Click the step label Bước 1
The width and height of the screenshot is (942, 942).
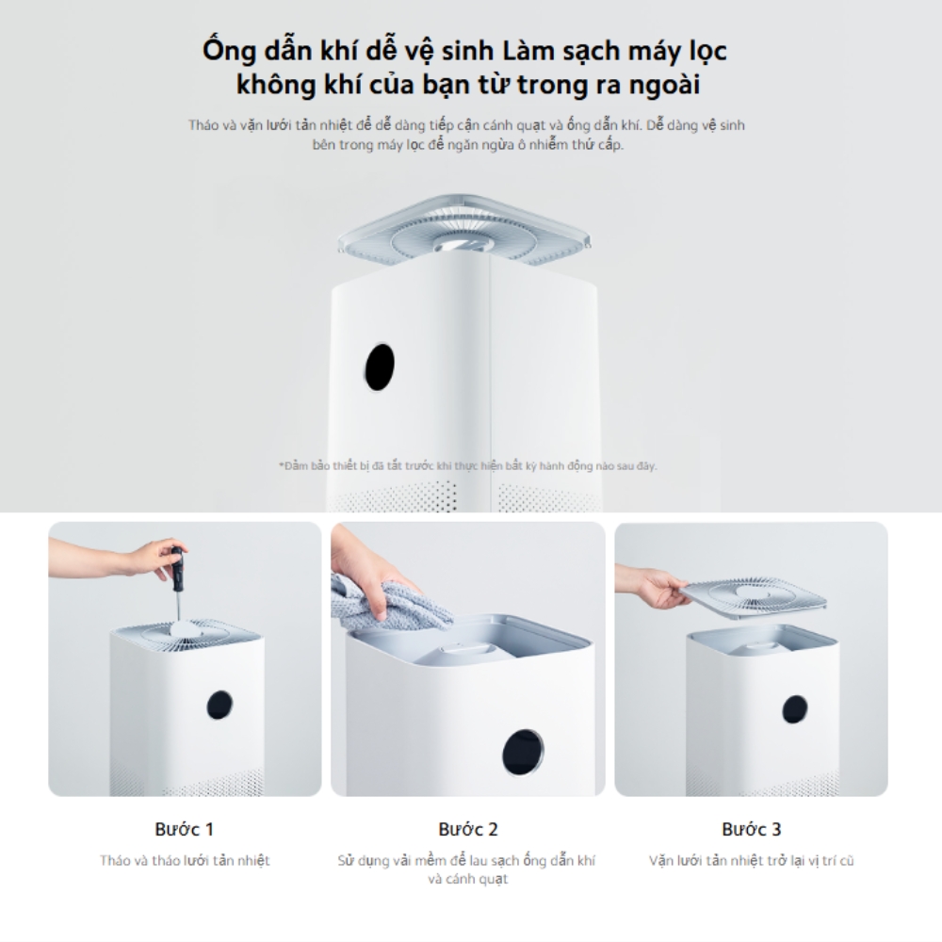184,829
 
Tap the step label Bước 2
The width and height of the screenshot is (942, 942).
468,829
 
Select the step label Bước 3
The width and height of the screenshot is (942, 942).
751,829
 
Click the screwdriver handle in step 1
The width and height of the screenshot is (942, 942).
178,568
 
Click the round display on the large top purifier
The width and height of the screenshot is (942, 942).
379,366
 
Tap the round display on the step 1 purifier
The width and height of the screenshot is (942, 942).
219,705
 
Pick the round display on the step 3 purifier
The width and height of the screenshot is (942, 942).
794,710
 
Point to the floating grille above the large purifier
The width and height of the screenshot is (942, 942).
464,232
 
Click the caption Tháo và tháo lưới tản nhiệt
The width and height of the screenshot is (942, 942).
185,860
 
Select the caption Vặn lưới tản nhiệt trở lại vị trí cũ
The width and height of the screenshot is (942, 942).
751,860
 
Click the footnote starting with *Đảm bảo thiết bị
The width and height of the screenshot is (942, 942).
468,465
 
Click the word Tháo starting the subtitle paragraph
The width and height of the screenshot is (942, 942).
203,125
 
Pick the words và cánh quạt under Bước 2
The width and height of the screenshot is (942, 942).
468,879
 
